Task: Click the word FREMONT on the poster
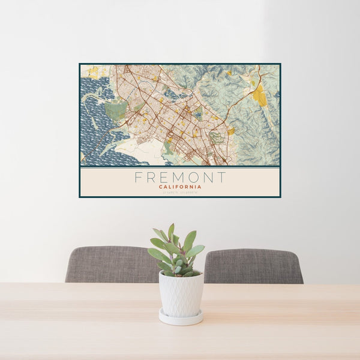coord(180,178)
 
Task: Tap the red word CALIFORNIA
coord(180,187)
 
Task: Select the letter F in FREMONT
coord(138,178)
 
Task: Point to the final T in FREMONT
coord(222,178)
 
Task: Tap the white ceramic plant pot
coord(181,294)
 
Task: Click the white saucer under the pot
coord(181,318)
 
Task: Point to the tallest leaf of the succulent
coord(171,231)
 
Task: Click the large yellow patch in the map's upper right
coord(259,94)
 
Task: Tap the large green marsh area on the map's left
coord(116,110)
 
